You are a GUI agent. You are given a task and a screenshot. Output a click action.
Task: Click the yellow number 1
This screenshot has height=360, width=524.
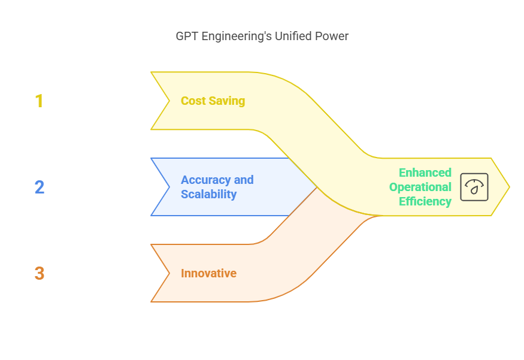[x=39, y=101]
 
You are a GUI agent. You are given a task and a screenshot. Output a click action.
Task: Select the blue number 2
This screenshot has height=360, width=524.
[x=39, y=187]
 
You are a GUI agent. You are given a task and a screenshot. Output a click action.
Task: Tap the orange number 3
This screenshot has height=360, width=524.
[x=39, y=273]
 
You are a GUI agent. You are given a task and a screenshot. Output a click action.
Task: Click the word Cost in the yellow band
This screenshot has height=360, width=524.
[x=193, y=101]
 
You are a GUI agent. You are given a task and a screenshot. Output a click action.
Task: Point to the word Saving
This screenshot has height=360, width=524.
[x=227, y=101]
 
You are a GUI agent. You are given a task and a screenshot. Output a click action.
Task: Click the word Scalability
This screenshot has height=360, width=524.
[x=208, y=194]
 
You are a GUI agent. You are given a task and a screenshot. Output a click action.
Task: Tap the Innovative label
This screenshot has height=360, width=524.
[x=208, y=273]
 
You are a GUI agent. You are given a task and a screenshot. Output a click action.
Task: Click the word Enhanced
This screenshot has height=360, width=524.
[x=425, y=173]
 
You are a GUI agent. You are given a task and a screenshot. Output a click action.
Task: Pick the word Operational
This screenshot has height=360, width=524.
[x=420, y=187]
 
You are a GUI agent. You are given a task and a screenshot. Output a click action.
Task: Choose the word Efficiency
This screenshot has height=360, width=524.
[x=425, y=201]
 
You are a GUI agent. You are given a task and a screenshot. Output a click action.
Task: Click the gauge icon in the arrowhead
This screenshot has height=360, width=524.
[x=474, y=187]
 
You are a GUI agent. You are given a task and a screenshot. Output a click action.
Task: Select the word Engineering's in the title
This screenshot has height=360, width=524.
[x=236, y=37]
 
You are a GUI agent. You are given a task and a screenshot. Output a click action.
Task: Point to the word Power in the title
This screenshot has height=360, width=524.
[x=333, y=36]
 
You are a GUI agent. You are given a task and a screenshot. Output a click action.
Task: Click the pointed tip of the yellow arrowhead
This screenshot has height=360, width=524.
[x=509, y=187]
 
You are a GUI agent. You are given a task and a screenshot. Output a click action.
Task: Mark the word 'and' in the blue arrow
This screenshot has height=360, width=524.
[x=244, y=180]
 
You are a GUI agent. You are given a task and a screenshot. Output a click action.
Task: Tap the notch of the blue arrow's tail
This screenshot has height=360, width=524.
[x=169, y=187]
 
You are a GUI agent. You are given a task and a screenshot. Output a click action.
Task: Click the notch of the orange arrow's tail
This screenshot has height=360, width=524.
[x=169, y=273]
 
